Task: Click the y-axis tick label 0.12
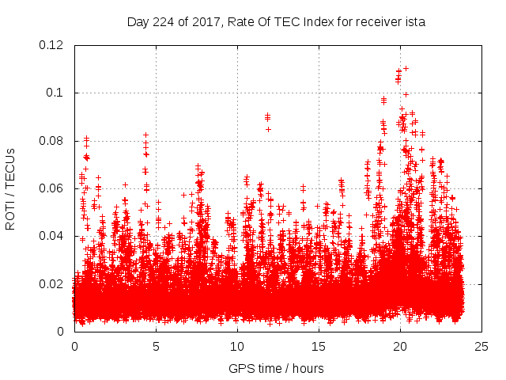pyautogui.click(x=55, y=45)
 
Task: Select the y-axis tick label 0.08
pyautogui.click(x=55, y=141)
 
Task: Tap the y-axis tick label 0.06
pyautogui.click(x=55, y=188)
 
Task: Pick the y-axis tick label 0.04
pyautogui.click(x=55, y=236)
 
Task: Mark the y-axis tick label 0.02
pyautogui.click(x=55, y=284)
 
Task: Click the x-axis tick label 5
pyautogui.click(x=156, y=346)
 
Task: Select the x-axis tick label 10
pyautogui.click(x=237, y=346)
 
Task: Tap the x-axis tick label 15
pyautogui.click(x=319, y=346)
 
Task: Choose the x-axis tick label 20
pyautogui.click(x=400, y=346)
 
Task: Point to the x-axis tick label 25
pyautogui.click(x=481, y=346)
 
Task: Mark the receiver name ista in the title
pyautogui.click(x=415, y=22)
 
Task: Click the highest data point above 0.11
pyautogui.click(x=406, y=68)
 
